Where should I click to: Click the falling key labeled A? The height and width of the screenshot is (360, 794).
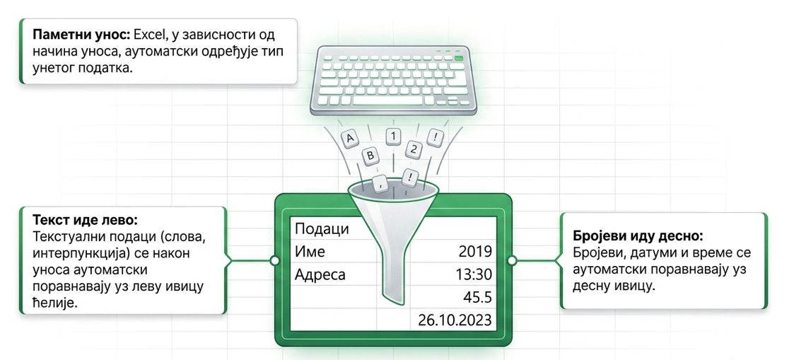point(349,138)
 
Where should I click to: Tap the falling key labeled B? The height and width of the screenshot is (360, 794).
point(370,156)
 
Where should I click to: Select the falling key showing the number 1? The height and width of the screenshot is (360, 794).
point(393,136)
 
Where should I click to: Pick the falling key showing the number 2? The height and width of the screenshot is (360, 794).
point(414,149)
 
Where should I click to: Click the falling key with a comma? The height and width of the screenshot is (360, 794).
point(380,182)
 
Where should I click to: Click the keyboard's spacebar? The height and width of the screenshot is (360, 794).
point(393,100)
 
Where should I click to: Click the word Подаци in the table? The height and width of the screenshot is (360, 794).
point(322,229)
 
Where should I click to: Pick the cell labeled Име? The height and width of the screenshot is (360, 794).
point(310,252)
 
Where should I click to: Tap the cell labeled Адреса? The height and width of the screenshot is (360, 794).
point(320,276)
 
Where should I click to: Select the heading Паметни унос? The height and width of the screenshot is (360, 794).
point(82,37)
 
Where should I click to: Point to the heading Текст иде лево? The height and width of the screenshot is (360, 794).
point(85,221)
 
